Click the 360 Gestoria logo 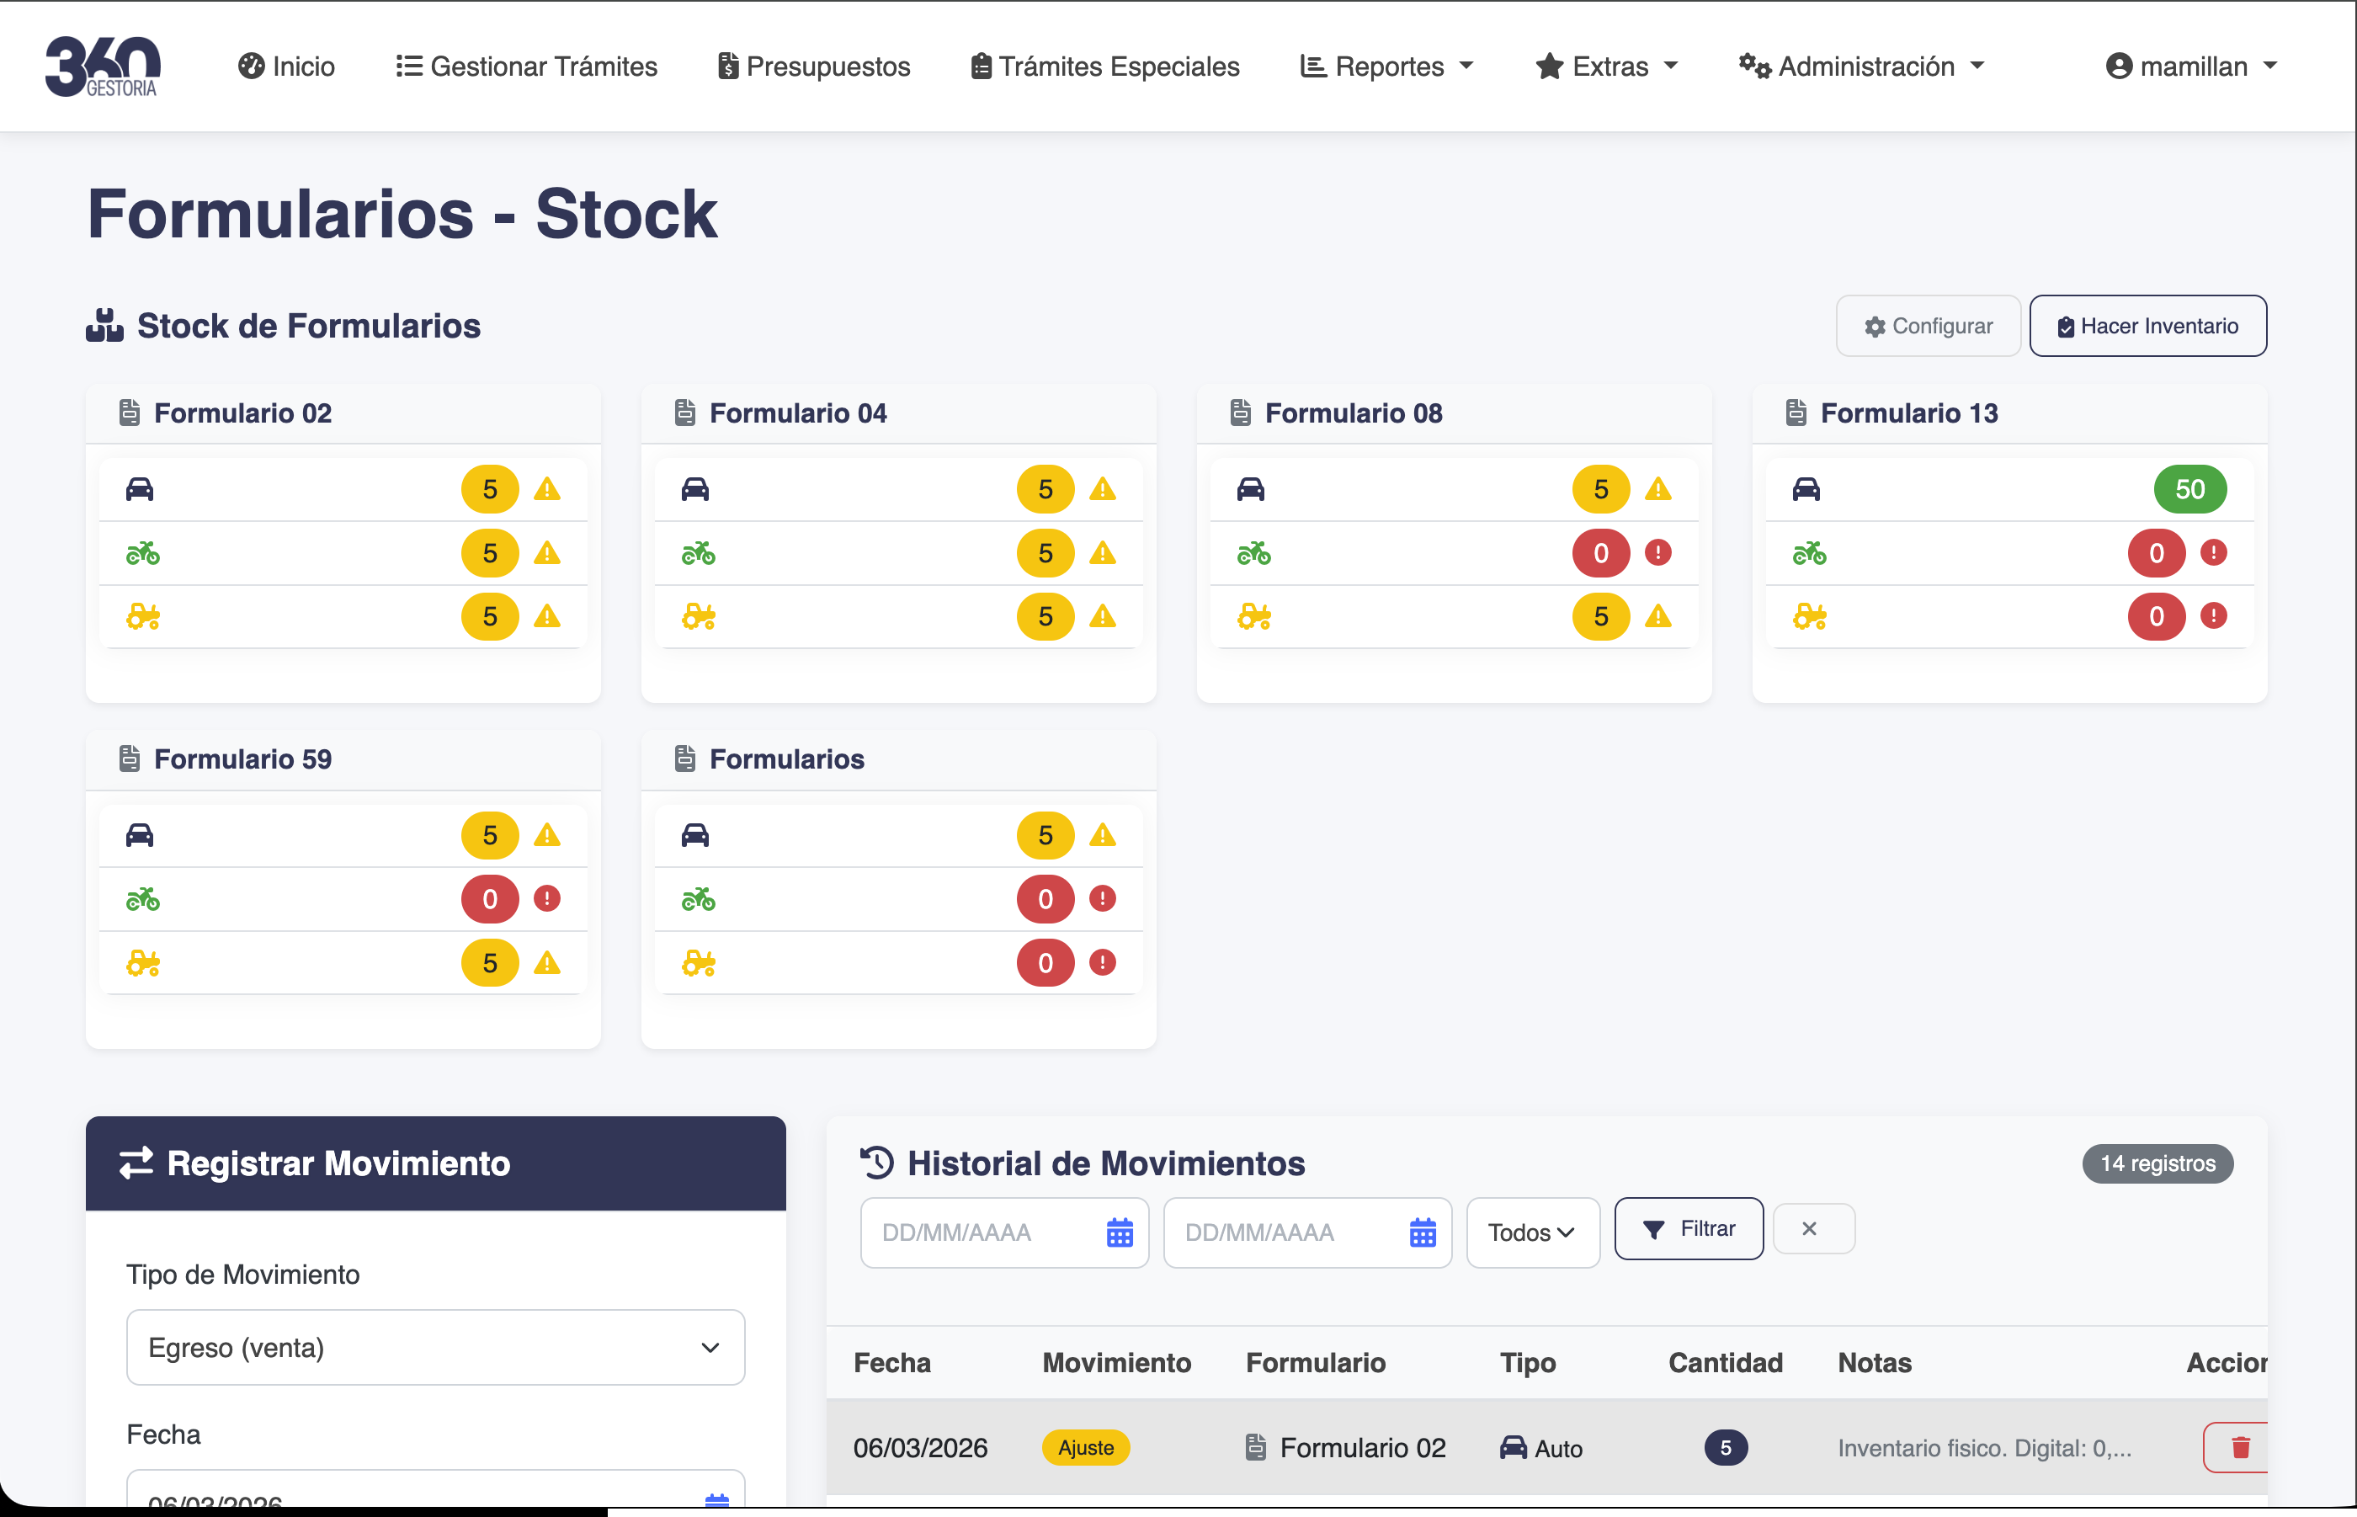tap(103, 66)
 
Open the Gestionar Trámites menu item tap(527, 66)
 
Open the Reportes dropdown tap(1386, 66)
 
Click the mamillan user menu tap(2191, 66)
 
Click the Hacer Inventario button tap(2147, 326)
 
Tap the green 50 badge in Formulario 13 tap(2189, 490)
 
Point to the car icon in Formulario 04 tap(695, 490)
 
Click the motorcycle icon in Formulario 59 tap(143, 899)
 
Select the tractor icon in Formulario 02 tap(143, 618)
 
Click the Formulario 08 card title tap(1353, 413)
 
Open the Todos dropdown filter tap(1531, 1232)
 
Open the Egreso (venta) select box tap(434, 1348)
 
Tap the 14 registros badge tap(2157, 1163)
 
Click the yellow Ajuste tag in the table tap(1085, 1448)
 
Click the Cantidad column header tap(1725, 1363)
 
